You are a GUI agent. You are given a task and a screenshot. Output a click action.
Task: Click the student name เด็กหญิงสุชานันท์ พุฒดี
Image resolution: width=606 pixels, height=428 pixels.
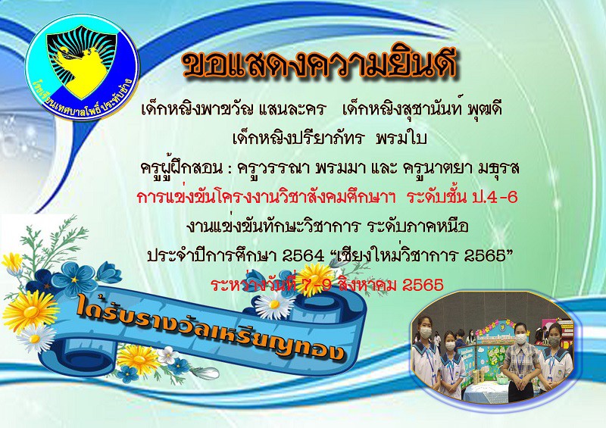422,109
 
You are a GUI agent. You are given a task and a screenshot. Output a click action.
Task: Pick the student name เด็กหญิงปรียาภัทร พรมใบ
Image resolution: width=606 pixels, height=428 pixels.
330,138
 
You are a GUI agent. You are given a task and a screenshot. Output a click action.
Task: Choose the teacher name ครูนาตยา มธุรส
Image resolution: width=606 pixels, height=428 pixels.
461,168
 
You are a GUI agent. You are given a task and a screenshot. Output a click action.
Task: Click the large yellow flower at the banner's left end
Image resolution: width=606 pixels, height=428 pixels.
30,311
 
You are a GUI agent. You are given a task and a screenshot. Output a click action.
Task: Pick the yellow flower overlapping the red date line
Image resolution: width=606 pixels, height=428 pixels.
315,279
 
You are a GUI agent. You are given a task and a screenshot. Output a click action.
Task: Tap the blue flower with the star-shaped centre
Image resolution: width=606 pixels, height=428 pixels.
74,280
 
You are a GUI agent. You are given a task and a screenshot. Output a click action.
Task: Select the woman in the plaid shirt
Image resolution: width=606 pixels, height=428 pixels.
520,361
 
